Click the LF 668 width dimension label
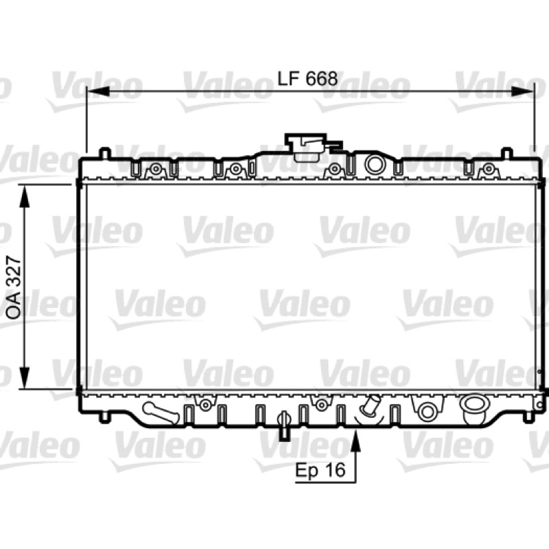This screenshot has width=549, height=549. [x=307, y=78]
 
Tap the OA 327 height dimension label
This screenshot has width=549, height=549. [x=14, y=287]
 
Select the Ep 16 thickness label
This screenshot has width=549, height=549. [x=320, y=470]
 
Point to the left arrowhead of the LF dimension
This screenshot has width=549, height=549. [x=97, y=92]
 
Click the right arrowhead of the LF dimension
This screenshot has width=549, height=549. [x=523, y=92]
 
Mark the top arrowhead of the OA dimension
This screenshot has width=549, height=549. [x=24, y=196]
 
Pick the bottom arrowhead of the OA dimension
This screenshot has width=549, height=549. [x=24, y=377]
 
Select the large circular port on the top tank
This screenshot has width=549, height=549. [x=375, y=163]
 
